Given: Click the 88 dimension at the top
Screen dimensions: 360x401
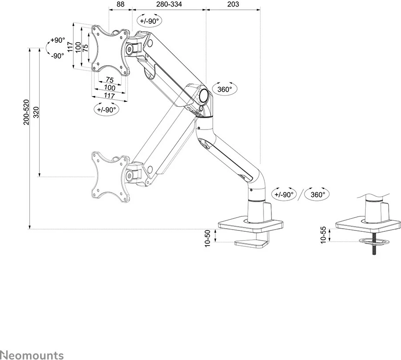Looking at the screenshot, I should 120,4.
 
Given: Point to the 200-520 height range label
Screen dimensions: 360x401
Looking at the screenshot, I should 26,112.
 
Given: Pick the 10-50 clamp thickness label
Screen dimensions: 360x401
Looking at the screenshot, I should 208,238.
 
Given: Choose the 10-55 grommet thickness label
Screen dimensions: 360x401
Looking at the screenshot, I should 324,234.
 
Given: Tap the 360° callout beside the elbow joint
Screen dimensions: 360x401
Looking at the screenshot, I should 225,89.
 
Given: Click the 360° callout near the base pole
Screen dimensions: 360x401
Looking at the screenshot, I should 318,194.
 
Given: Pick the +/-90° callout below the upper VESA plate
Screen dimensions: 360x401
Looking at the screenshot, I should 106,109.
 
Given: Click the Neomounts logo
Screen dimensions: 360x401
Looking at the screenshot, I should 32,355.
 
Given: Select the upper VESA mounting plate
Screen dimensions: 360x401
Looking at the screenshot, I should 110,48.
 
